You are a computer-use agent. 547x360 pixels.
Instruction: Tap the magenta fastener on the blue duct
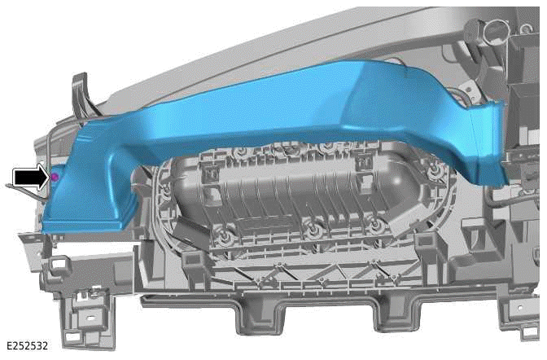click(x=54, y=176)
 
